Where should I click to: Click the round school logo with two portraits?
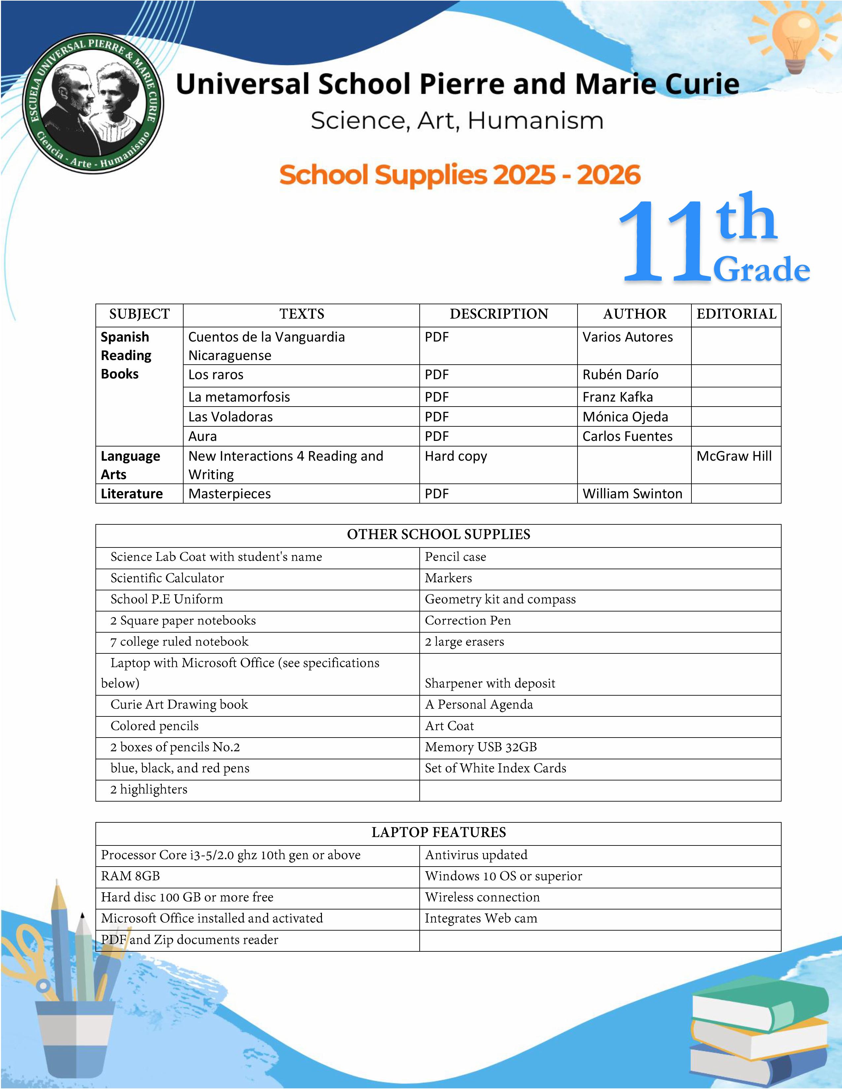pyautogui.click(x=93, y=104)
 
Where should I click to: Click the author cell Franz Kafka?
pyautogui.click(x=617, y=397)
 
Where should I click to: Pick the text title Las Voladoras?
pyautogui.click(x=230, y=417)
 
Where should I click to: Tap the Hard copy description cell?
pyautogui.click(x=456, y=456)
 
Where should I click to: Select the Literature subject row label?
pyautogui.click(x=132, y=494)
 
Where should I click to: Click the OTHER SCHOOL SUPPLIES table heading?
pyautogui.click(x=439, y=535)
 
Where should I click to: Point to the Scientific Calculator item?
pyautogui.click(x=167, y=578)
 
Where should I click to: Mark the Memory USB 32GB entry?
pyautogui.click(x=481, y=747)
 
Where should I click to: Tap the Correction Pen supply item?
pyautogui.click(x=468, y=620)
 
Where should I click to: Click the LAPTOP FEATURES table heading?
pyautogui.click(x=439, y=832)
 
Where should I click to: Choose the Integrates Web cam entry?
pyautogui.click(x=481, y=918)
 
